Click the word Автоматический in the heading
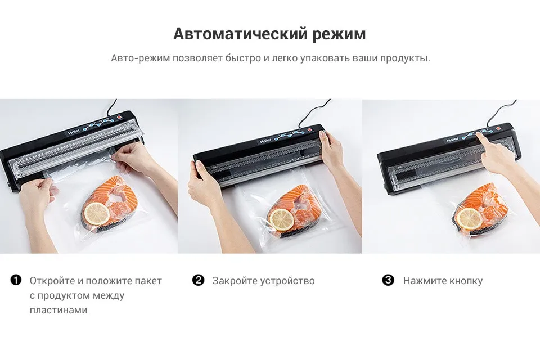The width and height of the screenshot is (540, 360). pos(240,34)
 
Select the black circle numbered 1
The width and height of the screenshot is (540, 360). pos(16,280)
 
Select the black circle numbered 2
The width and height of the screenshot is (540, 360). pos(198,280)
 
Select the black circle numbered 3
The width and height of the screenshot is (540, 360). pos(388,280)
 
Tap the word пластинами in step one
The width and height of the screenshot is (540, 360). pos(58,310)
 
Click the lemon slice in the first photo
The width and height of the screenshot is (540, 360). pos(97,213)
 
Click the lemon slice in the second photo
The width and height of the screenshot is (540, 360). pos(282,219)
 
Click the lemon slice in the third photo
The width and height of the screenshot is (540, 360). pos(470,219)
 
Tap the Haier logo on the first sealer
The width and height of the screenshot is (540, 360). pos(74,133)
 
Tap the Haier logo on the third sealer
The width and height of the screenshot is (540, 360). pos(453,140)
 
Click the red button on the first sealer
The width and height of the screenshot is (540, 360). pos(119,118)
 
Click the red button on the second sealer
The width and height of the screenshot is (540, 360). pos(309,130)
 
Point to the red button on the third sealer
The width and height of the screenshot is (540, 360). pos(497,130)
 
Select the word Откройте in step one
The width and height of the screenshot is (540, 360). pos(52,281)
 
